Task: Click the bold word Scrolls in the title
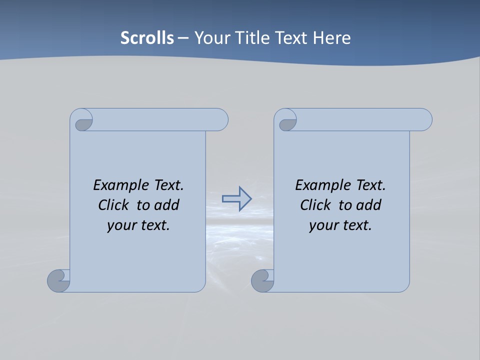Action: [x=147, y=38]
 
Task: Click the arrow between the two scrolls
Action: [x=236, y=198]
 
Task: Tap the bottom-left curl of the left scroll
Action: [x=58, y=280]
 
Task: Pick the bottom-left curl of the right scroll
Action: [x=262, y=280]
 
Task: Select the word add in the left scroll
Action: [x=167, y=205]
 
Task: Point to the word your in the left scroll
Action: [x=119, y=225]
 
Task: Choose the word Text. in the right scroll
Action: [x=370, y=185]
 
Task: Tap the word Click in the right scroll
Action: [x=315, y=205]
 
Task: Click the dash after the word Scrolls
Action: [x=183, y=38]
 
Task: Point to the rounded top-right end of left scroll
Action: [x=220, y=119]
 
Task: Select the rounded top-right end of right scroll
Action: [x=424, y=119]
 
